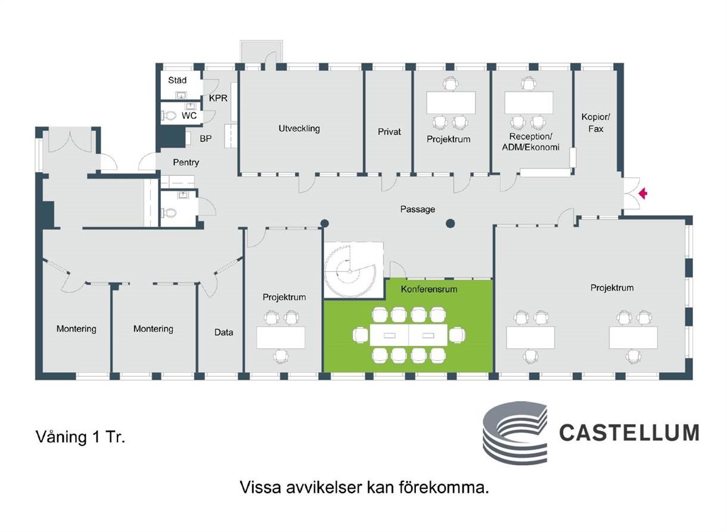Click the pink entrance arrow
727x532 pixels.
tap(643, 194)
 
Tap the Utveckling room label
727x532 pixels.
tap(299, 129)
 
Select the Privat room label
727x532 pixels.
tap(389, 132)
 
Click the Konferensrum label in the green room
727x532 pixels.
tap(428, 289)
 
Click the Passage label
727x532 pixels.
tap(417, 209)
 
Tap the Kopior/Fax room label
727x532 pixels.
tap(595, 123)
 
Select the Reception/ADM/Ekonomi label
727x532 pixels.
tap(530, 141)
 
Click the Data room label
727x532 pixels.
tap(223, 332)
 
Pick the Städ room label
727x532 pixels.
tap(177, 81)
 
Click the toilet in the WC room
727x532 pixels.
tap(169, 115)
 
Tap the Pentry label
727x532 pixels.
tap(186, 162)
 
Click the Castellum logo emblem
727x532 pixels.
tap(515, 432)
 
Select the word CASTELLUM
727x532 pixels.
tap(629, 432)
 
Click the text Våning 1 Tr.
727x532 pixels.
tap(80, 437)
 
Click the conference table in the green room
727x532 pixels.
tap(409, 335)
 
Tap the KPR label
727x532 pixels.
tap(218, 98)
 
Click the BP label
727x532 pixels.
tap(206, 139)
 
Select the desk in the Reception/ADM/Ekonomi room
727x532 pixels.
tap(529, 103)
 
